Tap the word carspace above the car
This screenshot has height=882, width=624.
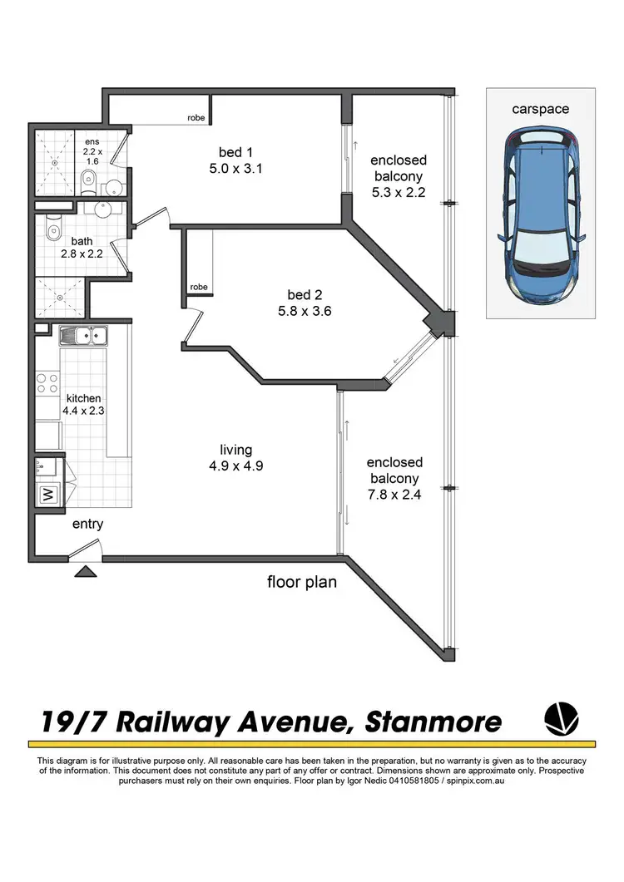541,109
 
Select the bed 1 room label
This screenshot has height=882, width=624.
235,152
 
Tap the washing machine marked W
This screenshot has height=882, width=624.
47,494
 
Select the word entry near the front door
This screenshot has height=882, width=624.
88,525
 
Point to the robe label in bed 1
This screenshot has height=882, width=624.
196,119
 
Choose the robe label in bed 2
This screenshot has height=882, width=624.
199,287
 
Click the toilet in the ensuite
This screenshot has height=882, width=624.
88,182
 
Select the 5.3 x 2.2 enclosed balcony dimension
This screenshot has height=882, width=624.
399,193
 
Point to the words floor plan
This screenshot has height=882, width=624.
302,582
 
